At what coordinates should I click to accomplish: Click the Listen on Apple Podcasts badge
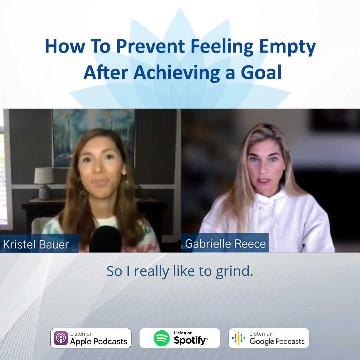(x=91, y=338)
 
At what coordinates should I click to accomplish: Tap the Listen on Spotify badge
(x=180, y=338)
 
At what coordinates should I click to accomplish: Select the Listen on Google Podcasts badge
(x=269, y=338)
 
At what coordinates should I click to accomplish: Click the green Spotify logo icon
(x=162, y=338)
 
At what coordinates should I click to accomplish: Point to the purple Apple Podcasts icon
(x=61, y=338)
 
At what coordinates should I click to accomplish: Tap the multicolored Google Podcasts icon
(x=239, y=338)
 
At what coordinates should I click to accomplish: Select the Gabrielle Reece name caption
(x=225, y=244)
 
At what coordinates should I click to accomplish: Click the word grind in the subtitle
(x=236, y=271)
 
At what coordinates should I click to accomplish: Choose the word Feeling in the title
(x=219, y=47)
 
